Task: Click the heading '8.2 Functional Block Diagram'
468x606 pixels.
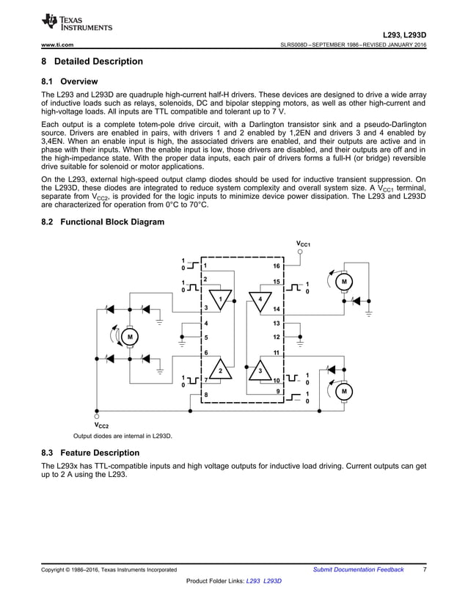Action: click(103, 222)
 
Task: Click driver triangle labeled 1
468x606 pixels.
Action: click(219, 299)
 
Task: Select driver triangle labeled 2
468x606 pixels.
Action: click(219, 370)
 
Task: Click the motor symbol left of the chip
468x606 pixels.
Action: click(129, 337)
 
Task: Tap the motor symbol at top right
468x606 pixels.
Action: click(343, 282)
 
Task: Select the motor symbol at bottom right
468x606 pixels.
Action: click(343, 392)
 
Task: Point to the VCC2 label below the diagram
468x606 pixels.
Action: click(101, 426)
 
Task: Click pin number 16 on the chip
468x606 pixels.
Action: click(277, 266)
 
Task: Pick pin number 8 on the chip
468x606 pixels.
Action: click(206, 395)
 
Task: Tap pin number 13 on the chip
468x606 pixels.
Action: click(277, 323)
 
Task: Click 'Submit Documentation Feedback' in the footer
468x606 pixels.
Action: click(358, 569)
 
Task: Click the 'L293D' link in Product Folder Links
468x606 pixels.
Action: click(273, 580)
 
